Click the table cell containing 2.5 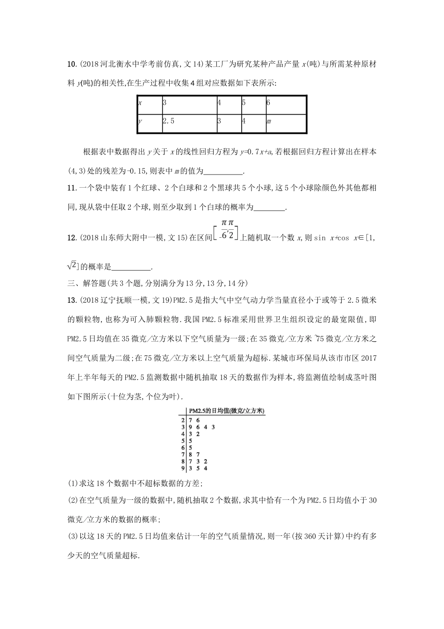tap(188, 121)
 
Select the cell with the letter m tap(286, 121)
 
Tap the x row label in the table tap(149, 102)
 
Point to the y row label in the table tap(149, 121)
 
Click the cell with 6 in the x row tap(286, 102)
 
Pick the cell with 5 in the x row tap(252, 102)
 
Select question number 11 tap(71, 188)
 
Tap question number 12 tap(71, 238)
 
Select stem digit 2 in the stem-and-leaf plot tap(183, 420)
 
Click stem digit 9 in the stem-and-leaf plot tap(183, 468)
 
